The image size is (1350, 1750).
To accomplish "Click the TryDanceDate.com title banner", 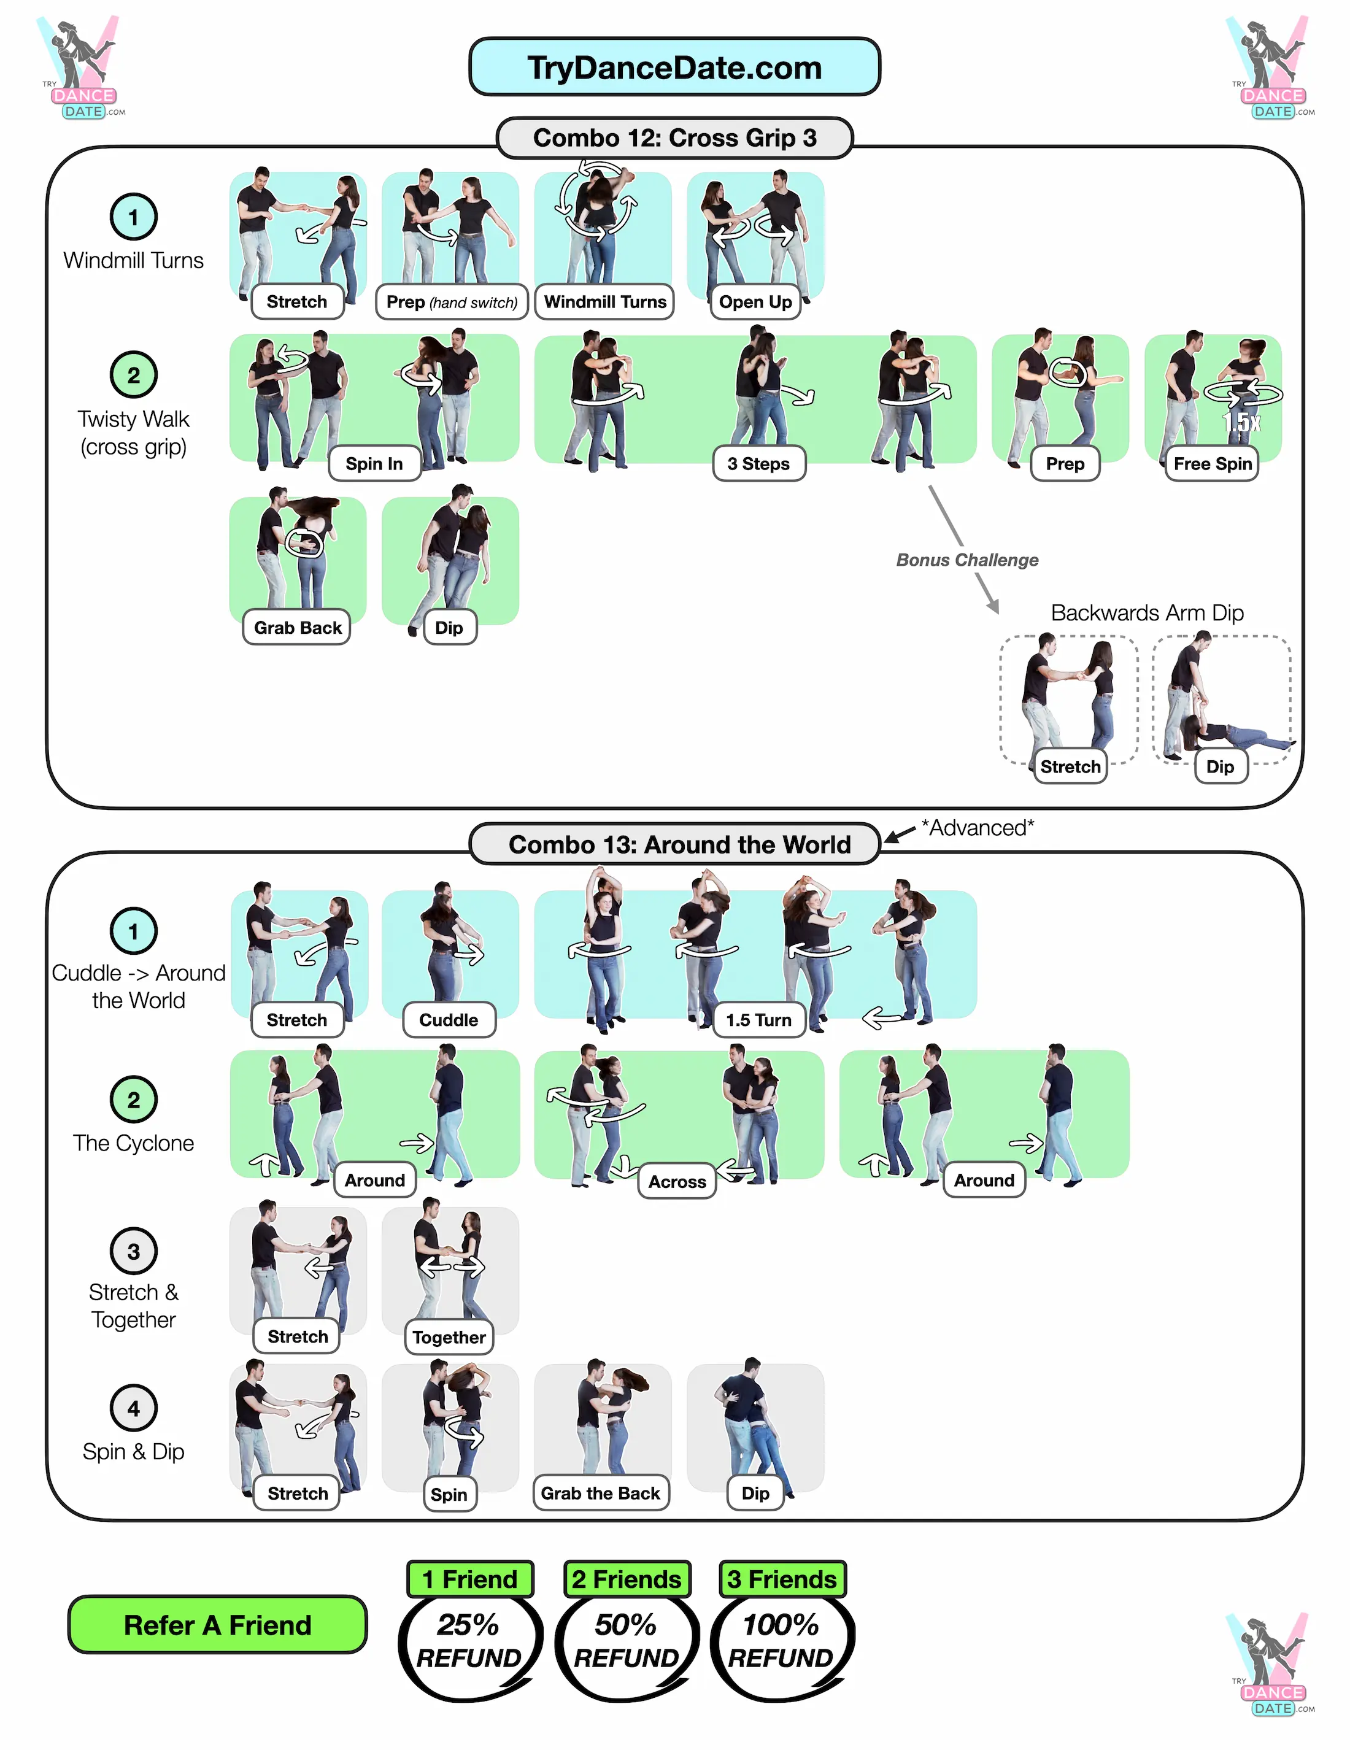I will coord(674,67).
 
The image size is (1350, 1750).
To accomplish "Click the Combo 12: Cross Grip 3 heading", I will coord(674,138).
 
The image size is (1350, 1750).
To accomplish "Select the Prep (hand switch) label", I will coord(451,302).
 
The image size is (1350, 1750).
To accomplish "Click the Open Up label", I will coord(755,302).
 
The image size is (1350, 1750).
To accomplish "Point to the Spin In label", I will coord(374,464).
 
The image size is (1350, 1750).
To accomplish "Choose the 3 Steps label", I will coord(758,464).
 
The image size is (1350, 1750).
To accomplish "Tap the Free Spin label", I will coord(1211,464).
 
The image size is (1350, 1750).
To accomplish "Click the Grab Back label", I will coord(297,627).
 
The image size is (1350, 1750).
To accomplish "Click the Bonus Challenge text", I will coord(966,560).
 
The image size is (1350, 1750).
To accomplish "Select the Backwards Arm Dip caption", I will coord(1146,613).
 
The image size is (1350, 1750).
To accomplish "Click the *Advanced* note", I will coord(977,828).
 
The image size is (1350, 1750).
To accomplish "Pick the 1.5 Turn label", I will coord(758,1020).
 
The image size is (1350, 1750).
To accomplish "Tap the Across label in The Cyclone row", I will coord(677,1182).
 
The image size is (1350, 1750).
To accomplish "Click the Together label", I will coord(449,1337).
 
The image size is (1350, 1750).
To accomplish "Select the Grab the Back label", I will coord(600,1494).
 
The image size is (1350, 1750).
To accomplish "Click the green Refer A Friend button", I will coord(217,1625).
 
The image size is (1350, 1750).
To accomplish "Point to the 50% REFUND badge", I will coord(626,1641).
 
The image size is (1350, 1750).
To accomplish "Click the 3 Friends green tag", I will coord(781,1579).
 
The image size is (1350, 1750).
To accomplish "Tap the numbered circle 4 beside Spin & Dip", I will coord(133,1408).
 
